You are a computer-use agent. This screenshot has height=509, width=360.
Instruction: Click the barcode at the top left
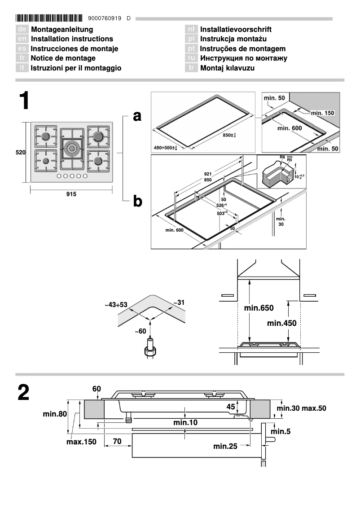(49, 18)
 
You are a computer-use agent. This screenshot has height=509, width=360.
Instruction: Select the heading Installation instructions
(72, 39)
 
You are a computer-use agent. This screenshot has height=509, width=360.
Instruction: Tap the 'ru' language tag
(192, 58)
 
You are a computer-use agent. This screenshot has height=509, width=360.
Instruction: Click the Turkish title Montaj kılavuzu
(227, 68)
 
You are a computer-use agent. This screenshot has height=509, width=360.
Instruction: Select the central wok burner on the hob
(72, 148)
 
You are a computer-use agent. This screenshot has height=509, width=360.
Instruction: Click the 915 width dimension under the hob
(71, 194)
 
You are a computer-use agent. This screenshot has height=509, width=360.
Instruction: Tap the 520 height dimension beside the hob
(21, 153)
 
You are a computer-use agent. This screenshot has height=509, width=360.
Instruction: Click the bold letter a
(137, 116)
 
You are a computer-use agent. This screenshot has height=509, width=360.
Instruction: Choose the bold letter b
(137, 202)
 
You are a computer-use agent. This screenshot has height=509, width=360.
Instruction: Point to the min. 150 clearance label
(323, 113)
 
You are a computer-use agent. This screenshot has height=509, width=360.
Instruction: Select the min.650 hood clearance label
(259, 308)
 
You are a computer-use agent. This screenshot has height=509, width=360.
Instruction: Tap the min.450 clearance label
(281, 323)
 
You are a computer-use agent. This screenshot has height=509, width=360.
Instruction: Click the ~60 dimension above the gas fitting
(140, 331)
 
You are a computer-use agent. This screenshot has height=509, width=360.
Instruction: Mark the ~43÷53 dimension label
(116, 305)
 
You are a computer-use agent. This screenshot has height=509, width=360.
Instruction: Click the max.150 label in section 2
(82, 442)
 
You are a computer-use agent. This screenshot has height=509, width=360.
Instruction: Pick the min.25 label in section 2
(225, 446)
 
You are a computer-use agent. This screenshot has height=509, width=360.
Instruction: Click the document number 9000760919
(105, 18)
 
